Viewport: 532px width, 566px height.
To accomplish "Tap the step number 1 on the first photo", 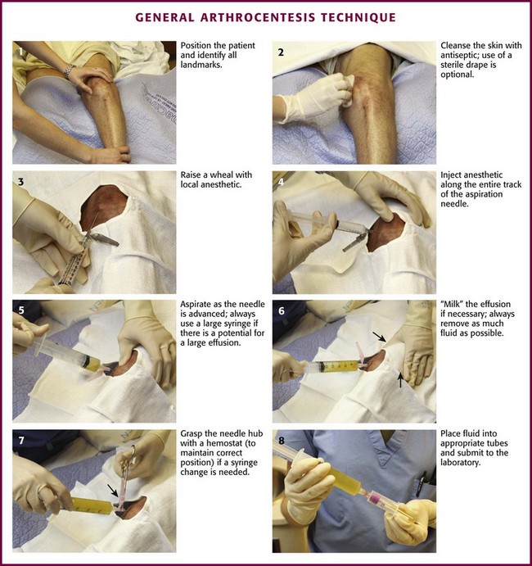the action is tap(21, 52).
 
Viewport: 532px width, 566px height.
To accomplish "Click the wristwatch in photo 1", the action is tap(69, 70).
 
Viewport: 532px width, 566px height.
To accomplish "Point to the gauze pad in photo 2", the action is tap(345, 89).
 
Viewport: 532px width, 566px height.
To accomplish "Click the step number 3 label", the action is tap(21, 182).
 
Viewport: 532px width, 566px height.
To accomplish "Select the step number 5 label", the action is tap(21, 310).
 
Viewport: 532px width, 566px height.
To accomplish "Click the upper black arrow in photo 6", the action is tap(379, 337).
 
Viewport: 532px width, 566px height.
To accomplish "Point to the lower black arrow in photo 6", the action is tap(400, 380).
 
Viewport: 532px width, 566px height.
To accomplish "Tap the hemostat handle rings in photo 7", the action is tap(131, 455).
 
